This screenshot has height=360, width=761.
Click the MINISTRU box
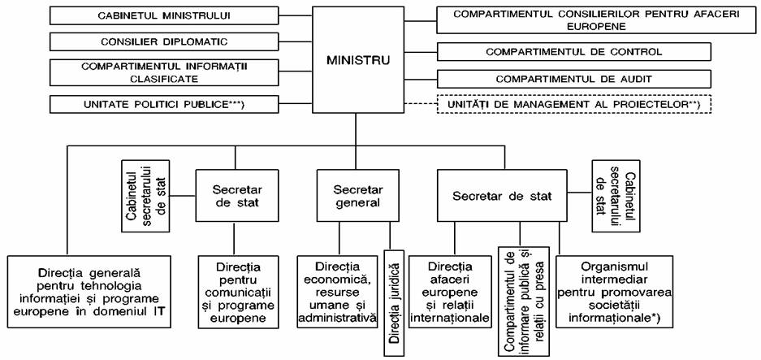(x=357, y=61)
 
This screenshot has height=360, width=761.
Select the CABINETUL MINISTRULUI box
(x=164, y=15)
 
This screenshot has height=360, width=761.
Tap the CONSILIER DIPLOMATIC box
(x=164, y=41)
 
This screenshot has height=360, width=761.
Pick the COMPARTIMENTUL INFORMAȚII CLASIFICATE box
(x=164, y=72)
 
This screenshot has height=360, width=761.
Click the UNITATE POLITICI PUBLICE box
(x=164, y=104)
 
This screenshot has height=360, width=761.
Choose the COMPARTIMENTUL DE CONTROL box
(x=573, y=51)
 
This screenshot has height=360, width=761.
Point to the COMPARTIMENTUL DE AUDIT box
(x=573, y=79)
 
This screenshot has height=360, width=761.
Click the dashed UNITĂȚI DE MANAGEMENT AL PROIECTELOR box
(x=573, y=104)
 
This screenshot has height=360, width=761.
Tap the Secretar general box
(x=357, y=196)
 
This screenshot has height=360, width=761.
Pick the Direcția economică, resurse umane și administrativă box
(x=338, y=292)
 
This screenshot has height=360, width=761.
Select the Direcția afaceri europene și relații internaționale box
(x=450, y=292)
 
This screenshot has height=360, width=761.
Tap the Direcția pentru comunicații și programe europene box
(x=238, y=292)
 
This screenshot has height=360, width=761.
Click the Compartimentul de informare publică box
(x=523, y=301)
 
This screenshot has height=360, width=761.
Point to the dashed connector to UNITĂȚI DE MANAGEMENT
(x=421, y=104)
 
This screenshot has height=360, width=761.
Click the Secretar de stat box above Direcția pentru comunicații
(x=237, y=196)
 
